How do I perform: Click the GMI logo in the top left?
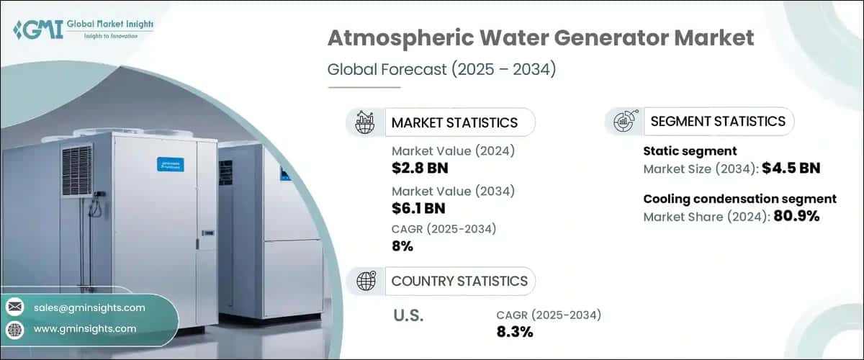coord(83,30)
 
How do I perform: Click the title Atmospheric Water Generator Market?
coord(541,38)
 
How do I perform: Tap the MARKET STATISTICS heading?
coord(454,122)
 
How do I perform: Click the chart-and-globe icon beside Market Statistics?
coord(365,122)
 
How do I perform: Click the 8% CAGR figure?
coord(402,246)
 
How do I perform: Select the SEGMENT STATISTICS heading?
coord(718,121)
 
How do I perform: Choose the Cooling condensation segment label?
coord(739,199)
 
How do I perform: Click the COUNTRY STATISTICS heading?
coord(459,281)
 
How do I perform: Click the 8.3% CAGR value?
coord(514,331)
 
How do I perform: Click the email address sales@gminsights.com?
coord(89,307)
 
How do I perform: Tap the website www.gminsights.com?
coord(84,328)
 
